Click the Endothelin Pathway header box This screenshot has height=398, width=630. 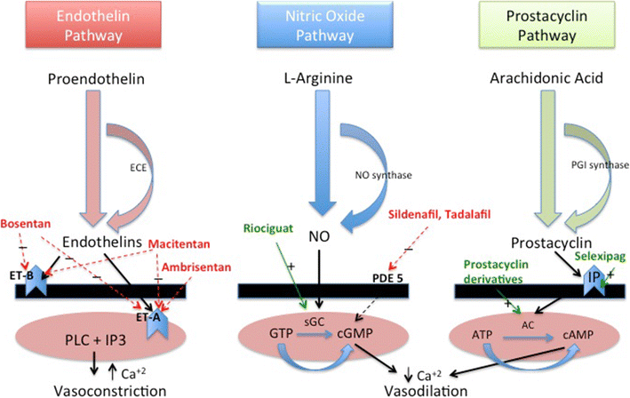pyautogui.click(x=98, y=27)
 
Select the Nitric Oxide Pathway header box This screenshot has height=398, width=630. pyautogui.click(x=314, y=27)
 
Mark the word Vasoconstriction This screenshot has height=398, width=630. pyautogui.click(x=97, y=389)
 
